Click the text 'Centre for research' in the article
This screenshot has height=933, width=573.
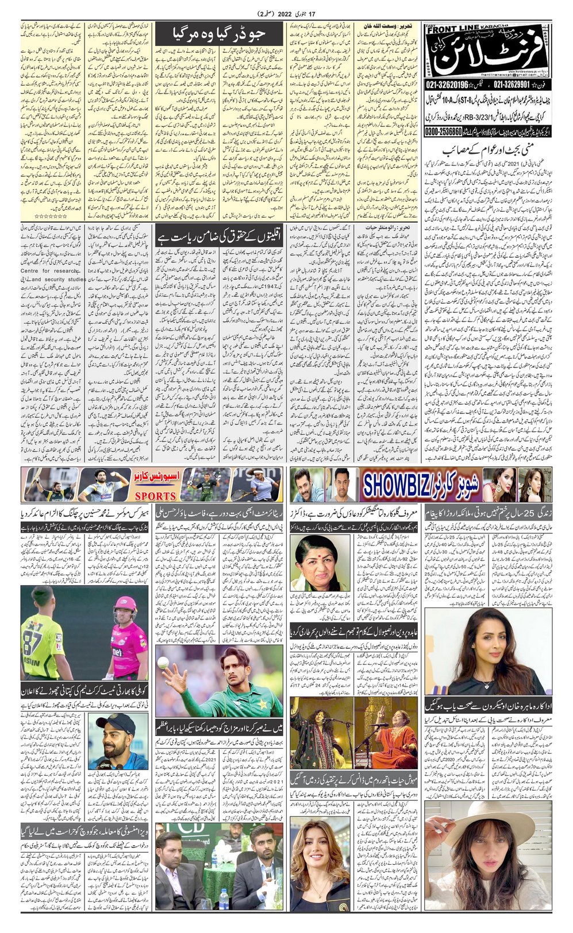tap(49, 271)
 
